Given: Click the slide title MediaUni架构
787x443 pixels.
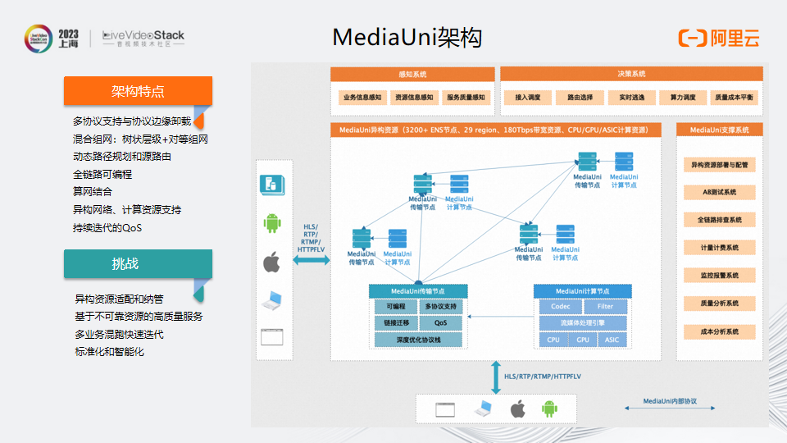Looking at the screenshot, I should click(407, 38).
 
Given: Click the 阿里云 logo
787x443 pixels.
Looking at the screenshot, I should click(719, 38).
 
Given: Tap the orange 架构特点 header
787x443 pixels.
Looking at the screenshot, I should click(138, 90).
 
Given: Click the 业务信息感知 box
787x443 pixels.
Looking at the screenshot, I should click(362, 98).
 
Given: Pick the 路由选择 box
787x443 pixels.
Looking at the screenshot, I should click(574, 98).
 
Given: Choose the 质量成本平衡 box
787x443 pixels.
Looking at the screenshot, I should click(734, 98).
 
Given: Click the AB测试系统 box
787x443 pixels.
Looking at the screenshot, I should click(719, 193).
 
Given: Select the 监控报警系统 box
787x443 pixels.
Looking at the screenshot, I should click(719, 276).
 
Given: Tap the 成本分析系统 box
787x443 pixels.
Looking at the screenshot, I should click(719, 331).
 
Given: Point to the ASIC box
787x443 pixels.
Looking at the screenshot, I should click(612, 340).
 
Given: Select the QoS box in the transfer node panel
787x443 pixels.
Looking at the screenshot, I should click(441, 323).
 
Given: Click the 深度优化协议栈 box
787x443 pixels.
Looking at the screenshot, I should click(418, 340).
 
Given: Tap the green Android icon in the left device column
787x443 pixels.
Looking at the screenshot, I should click(271, 223).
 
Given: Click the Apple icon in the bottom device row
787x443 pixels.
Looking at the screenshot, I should click(516, 408).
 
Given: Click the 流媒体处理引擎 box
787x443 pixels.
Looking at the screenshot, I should click(582, 323).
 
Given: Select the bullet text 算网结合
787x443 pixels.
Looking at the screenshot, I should click(93, 191).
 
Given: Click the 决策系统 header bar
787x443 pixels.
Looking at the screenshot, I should click(631, 74).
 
